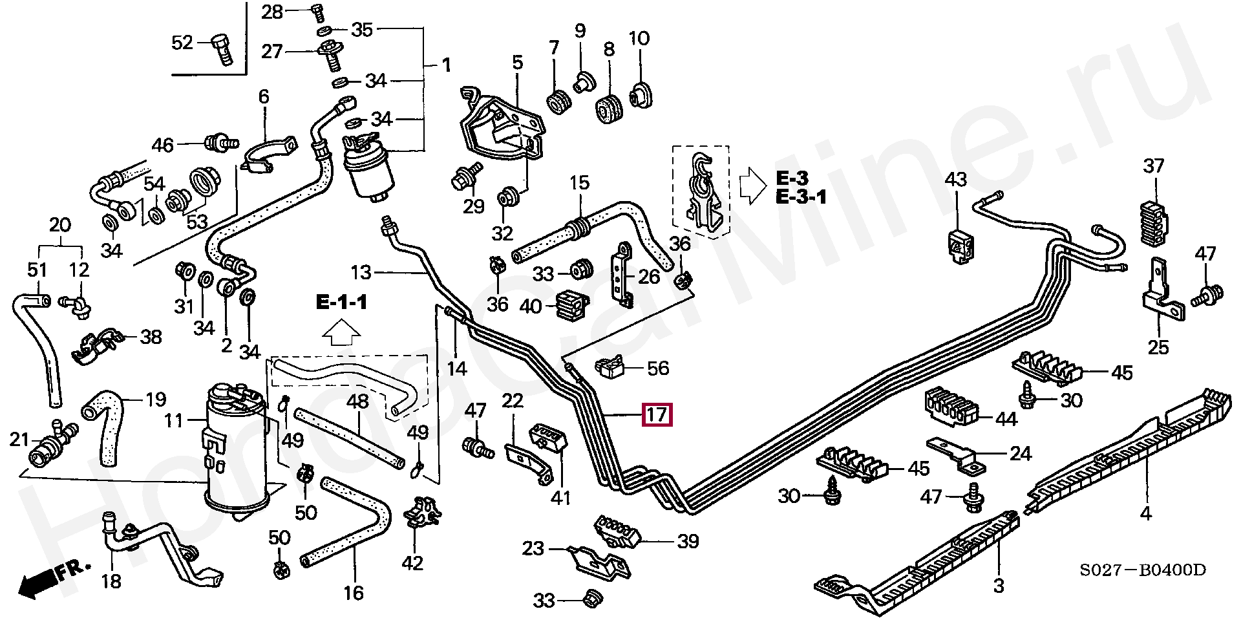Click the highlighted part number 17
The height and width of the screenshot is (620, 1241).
point(657,414)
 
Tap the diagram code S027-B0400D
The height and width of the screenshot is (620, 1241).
point(1142,570)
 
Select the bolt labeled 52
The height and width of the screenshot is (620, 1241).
point(222,48)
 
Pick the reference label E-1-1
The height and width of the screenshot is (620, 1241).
point(341,302)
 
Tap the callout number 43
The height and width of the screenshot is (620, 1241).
point(955,179)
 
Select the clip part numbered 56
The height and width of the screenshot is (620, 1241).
point(608,368)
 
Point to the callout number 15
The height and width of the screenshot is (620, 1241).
point(579,183)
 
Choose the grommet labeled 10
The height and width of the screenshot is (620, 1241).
point(640,96)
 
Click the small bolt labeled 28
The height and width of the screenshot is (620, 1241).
point(317,10)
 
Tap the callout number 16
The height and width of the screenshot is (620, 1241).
point(353,593)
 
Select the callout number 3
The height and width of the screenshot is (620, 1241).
point(999,586)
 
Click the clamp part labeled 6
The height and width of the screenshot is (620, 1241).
point(269,156)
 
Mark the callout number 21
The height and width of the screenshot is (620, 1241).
point(19,440)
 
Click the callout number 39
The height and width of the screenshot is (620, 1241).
point(687,541)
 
